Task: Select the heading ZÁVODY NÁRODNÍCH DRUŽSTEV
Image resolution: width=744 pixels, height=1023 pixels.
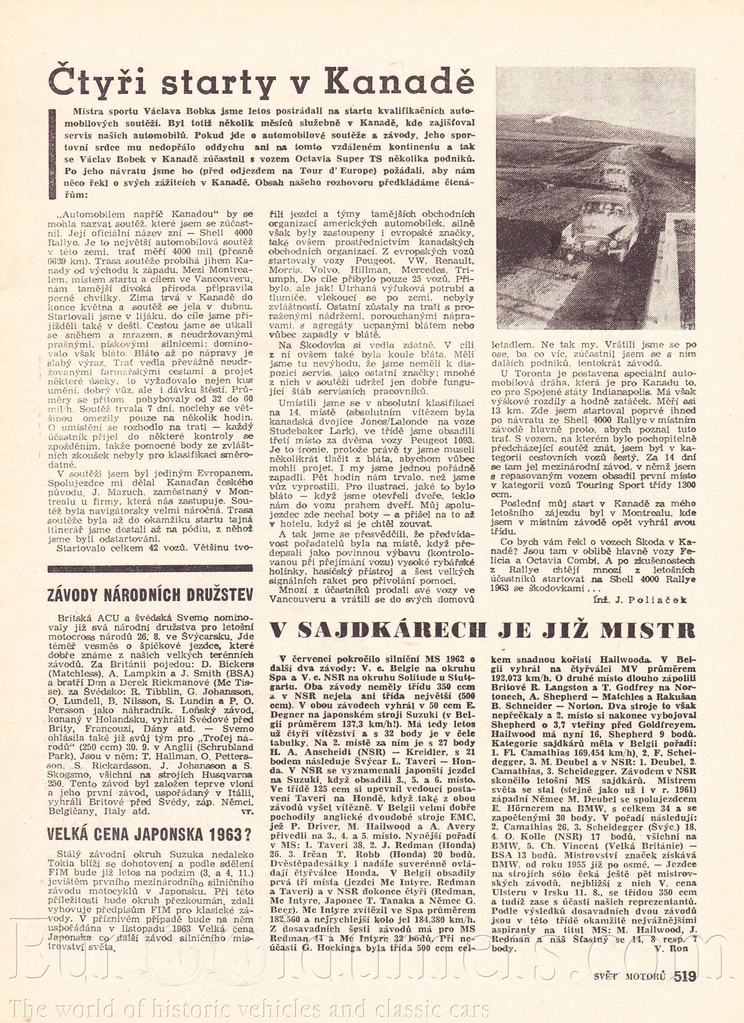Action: click(x=150, y=595)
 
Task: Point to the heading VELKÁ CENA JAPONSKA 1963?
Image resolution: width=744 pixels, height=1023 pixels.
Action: click(x=150, y=834)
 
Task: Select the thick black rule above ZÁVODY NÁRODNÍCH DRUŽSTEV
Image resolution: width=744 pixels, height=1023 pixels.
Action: click(x=150, y=568)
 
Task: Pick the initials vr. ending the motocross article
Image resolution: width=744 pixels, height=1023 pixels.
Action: click(x=248, y=811)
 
